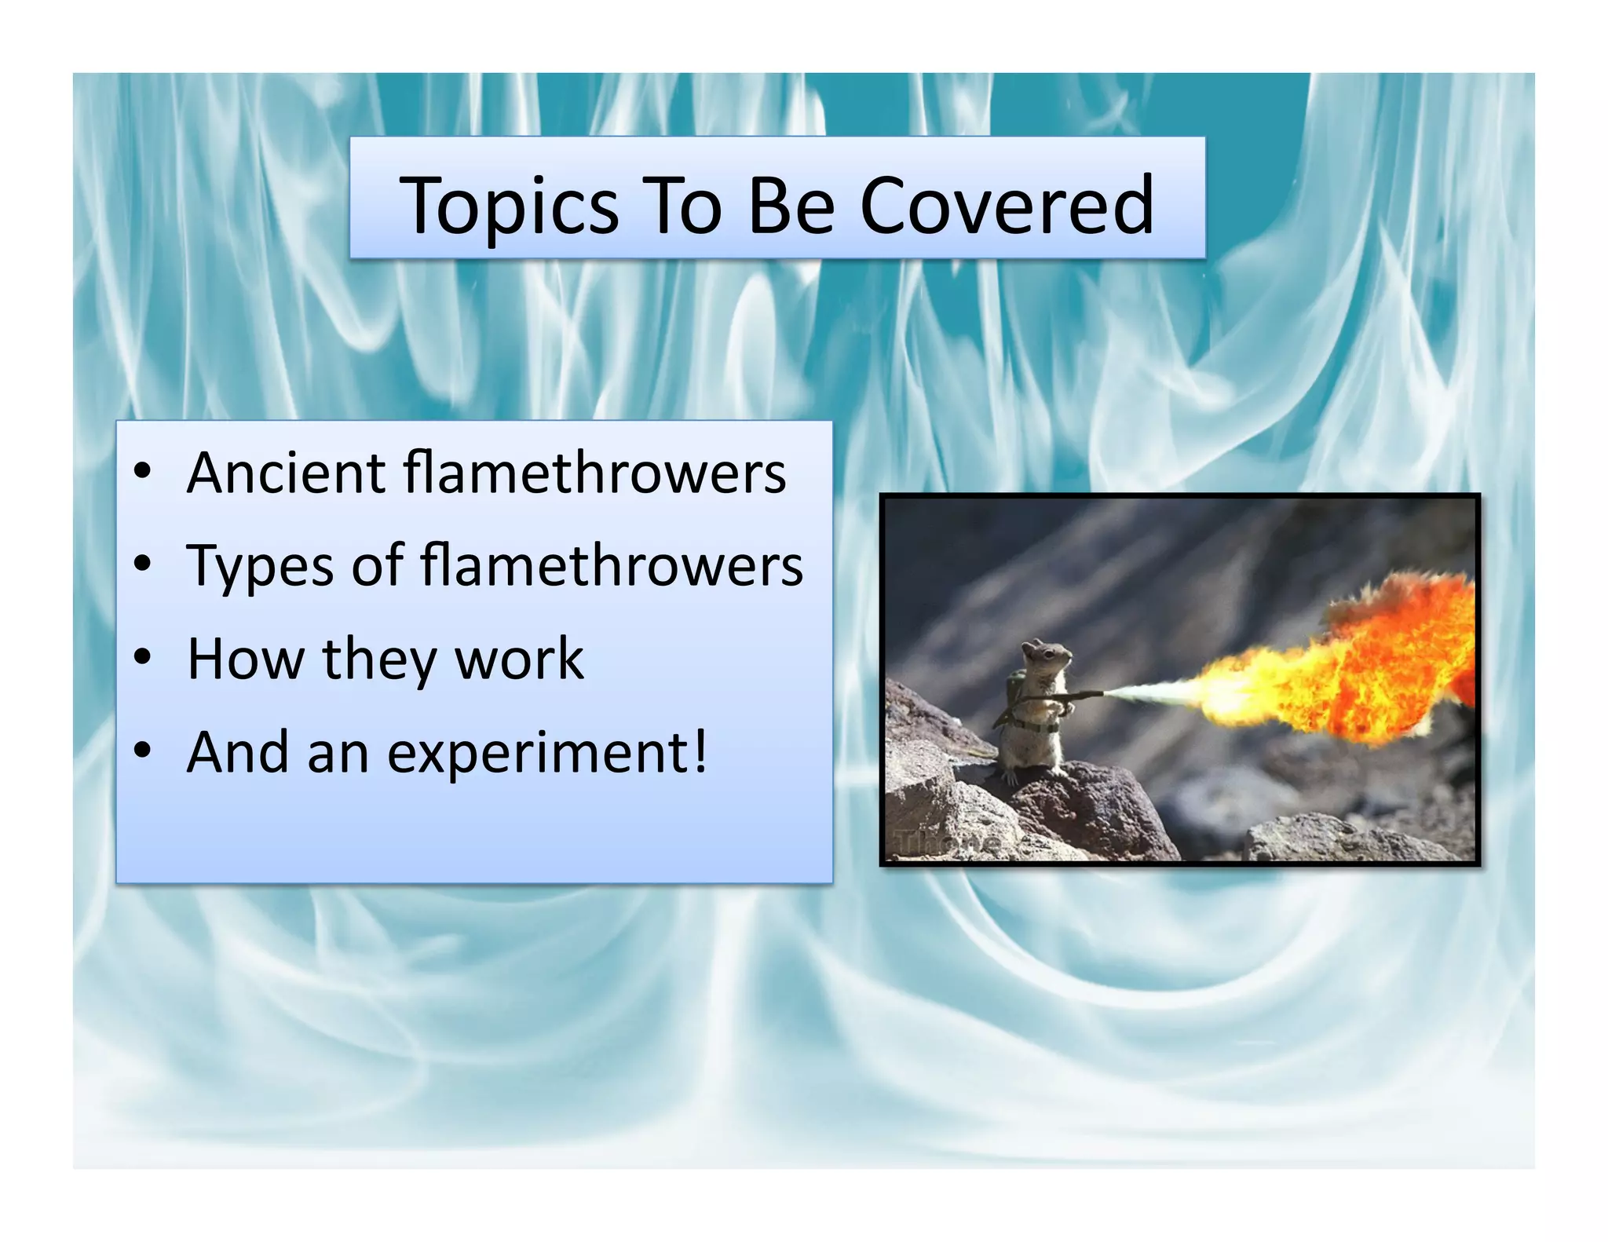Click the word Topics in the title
click(x=510, y=206)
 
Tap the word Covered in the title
click(x=1007, y=205)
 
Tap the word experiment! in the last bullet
click(x=547, y=753)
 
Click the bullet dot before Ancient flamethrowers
click(x=142, y=472)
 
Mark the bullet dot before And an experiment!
click(x=142, y=751)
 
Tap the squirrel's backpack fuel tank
click(x=1014, y=691)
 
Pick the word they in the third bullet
click(x=378, y=659)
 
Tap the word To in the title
click(x=682, y=205)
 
